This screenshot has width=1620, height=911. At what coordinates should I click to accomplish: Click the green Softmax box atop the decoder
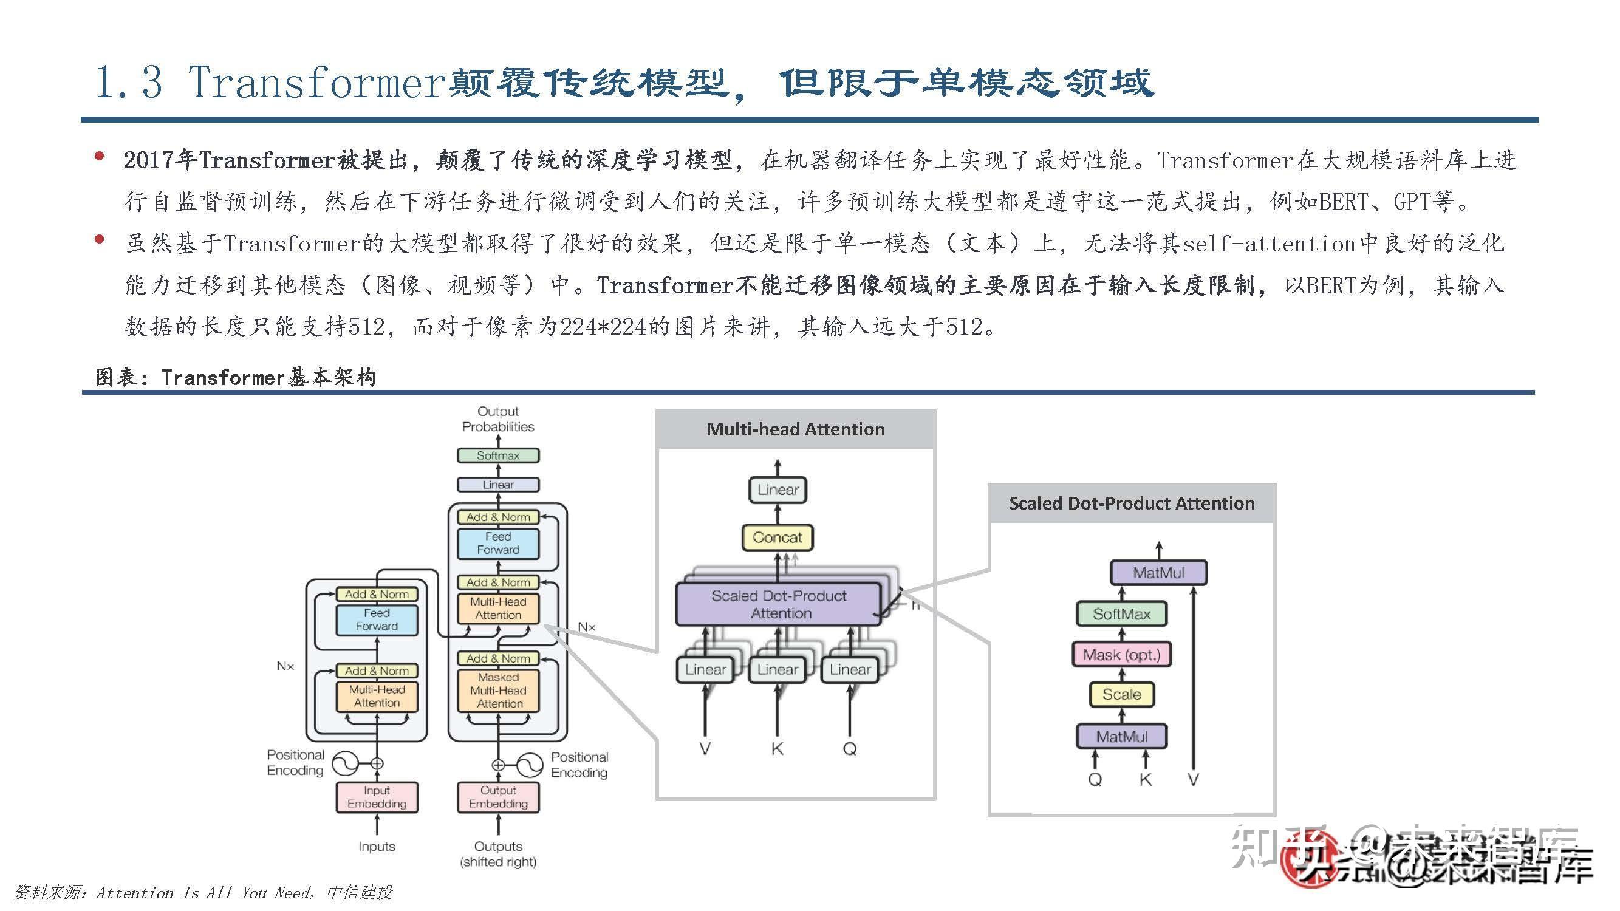coord(497,455)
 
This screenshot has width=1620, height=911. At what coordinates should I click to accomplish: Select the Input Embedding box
coord(377,797)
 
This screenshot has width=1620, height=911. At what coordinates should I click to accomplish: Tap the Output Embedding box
coord(498,797)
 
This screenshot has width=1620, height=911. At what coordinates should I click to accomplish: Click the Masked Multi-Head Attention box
coord(498,691)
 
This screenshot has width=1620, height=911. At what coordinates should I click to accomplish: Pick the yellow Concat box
coord(778,537)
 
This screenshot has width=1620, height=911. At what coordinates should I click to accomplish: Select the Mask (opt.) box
coord(1121,655)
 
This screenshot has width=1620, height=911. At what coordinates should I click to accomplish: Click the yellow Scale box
coord(1121,694)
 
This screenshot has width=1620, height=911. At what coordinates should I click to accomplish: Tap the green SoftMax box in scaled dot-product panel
coord(1121,613)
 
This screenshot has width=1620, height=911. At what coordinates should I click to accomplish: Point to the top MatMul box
coord(1158,573)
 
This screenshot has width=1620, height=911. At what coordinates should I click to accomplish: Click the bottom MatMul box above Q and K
coord(1121,736)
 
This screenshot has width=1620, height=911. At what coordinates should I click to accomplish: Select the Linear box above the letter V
coord(705,669)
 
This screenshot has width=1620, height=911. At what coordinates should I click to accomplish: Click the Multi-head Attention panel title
coord(796,429)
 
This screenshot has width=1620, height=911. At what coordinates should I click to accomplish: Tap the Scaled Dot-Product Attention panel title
coord(1132,503)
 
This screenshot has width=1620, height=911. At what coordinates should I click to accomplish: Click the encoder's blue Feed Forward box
coord(377,619)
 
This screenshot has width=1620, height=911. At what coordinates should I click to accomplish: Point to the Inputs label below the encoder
coord(377,846)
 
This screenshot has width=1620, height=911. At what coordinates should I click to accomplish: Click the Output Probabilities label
coord(498,418)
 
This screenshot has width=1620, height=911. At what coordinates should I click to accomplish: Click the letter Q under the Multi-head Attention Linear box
coord(850,749)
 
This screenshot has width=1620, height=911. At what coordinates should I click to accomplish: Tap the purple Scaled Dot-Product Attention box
coord(779,604)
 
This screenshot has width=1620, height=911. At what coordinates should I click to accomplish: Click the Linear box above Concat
coord(778,490)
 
